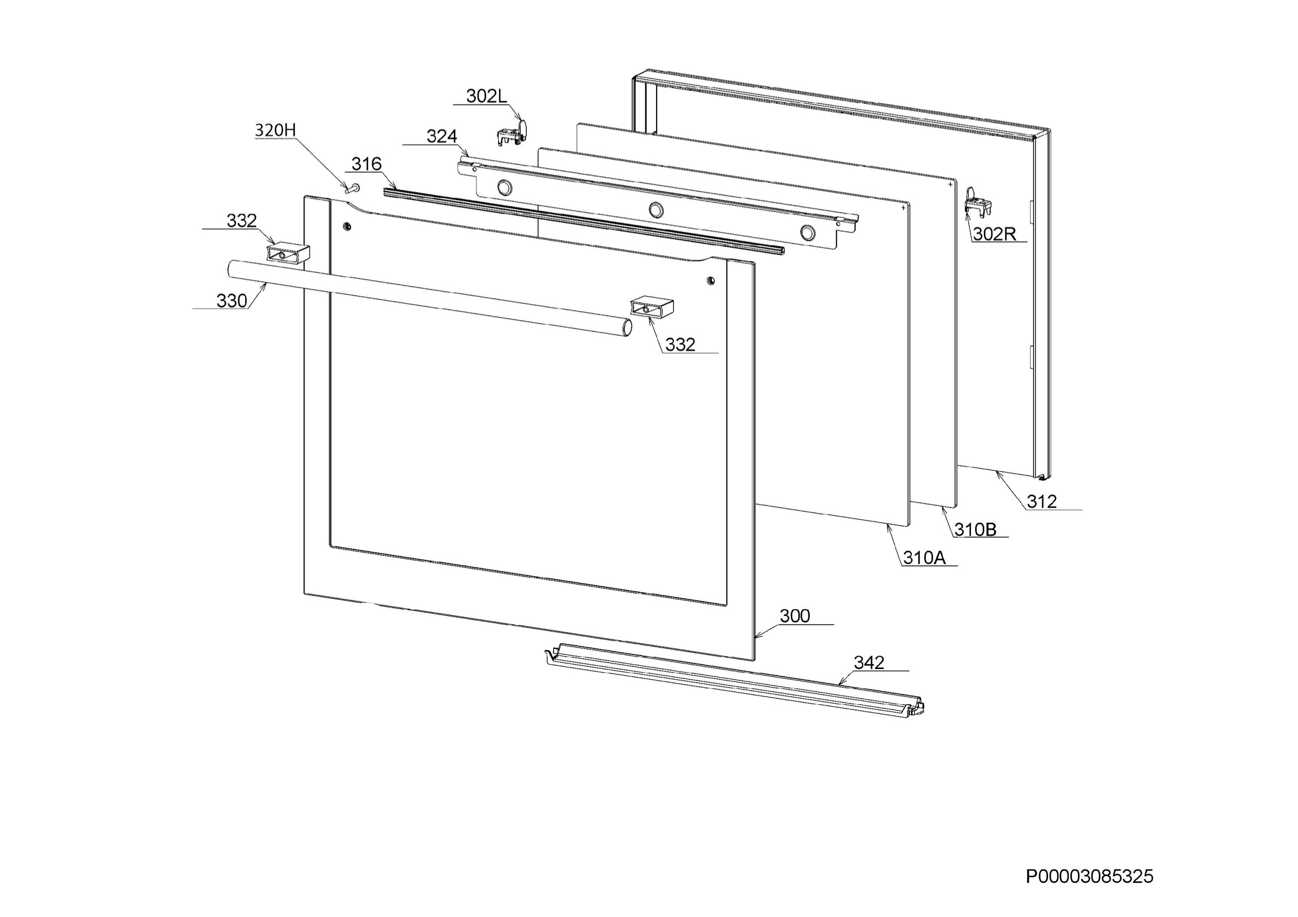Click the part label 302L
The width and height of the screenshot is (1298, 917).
click(x=486, y=97)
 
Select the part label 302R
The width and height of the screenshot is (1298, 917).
click(x=994, y=234)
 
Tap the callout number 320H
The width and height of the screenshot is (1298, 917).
click(x=275, y=131)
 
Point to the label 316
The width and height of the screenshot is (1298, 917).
click(x=366, y=164)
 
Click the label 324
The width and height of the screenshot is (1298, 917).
click(x=441, y=136)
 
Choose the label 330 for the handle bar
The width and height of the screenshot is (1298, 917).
click(x=232, y=301)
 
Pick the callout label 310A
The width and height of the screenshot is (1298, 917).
click(x=924, y=558)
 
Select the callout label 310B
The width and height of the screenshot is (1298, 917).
click(x=975, y=530)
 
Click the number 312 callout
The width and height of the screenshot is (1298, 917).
click(x=1041, y=501)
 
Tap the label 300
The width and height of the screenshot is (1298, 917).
click(x=795, y=616)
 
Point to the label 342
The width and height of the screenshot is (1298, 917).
click(x=869, y=662)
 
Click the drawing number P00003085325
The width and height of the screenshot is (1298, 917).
click(x=1089, y=876)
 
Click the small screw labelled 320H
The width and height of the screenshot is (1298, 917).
click(x=353, y=188)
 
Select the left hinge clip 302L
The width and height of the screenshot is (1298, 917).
click(x=512, y=132)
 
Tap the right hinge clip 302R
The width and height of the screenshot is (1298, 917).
click(x=978, y=201)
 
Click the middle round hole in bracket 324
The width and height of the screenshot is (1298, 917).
click(x=656, y=210)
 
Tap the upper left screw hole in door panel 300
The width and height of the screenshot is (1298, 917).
click(x=347, y=226)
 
